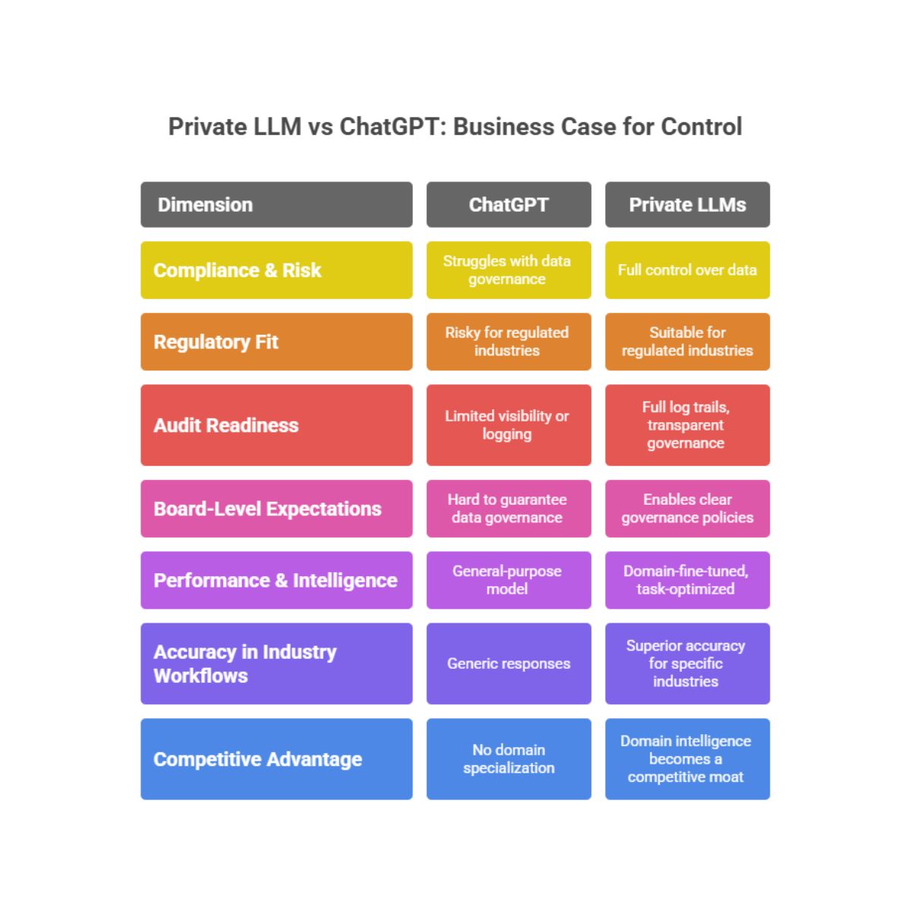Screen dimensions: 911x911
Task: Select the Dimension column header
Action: [276, 205]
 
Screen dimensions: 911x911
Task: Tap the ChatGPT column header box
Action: [509, 205]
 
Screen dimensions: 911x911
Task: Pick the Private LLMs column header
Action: [687, 205]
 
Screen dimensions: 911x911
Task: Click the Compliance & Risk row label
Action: [276, 270]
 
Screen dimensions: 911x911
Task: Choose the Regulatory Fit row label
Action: [276, 342]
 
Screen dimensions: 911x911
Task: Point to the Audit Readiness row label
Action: [276, 425]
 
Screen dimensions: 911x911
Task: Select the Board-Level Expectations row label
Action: [276, 509]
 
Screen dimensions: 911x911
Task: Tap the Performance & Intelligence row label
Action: [276, 580]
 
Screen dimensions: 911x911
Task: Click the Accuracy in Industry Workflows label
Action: [276, 664]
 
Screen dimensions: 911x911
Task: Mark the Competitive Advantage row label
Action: [276, 759]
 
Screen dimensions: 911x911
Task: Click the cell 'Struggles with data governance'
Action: [509, 270]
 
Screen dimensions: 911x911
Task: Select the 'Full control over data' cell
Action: [687, 270]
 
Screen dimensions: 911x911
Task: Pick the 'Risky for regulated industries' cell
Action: [509, 342]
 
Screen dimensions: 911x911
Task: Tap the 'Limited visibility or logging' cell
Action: [509, 425]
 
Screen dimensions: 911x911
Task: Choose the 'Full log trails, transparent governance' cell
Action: [687, 425]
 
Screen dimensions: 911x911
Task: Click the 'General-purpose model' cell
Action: [509, 580]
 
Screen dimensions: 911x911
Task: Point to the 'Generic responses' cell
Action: [509, 664]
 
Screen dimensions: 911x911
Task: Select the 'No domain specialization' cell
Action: [509, 759]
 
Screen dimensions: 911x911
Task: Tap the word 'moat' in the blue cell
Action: [727, 777]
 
